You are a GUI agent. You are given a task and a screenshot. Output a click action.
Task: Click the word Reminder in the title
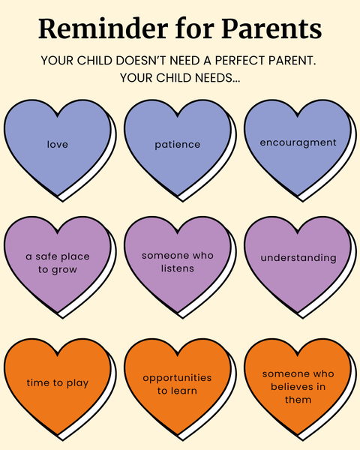tap(103, 29)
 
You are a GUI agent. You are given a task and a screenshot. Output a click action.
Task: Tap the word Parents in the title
tap(271, 29)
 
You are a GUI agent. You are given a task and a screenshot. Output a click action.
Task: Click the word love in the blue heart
tap(58, 144)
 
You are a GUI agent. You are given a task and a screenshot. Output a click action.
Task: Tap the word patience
tap(178, 145)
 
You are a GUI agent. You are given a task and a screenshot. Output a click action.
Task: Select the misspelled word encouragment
tap(298, 143)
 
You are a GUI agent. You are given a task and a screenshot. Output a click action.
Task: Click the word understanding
tap(298, 258)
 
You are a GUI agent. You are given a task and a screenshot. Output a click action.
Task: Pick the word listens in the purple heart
tap(178, 268)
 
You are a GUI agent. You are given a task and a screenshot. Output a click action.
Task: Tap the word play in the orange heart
tap(77, 383)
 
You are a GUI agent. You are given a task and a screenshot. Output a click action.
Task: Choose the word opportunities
tap(177, 378)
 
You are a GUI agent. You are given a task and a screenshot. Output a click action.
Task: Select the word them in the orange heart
tap(298, 400)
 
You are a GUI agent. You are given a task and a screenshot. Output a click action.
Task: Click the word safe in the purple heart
tap(46, 256)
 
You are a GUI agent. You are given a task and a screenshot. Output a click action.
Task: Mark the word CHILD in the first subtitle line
tap(94, 61)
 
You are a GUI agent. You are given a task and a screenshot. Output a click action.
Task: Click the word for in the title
tap(194, 29)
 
